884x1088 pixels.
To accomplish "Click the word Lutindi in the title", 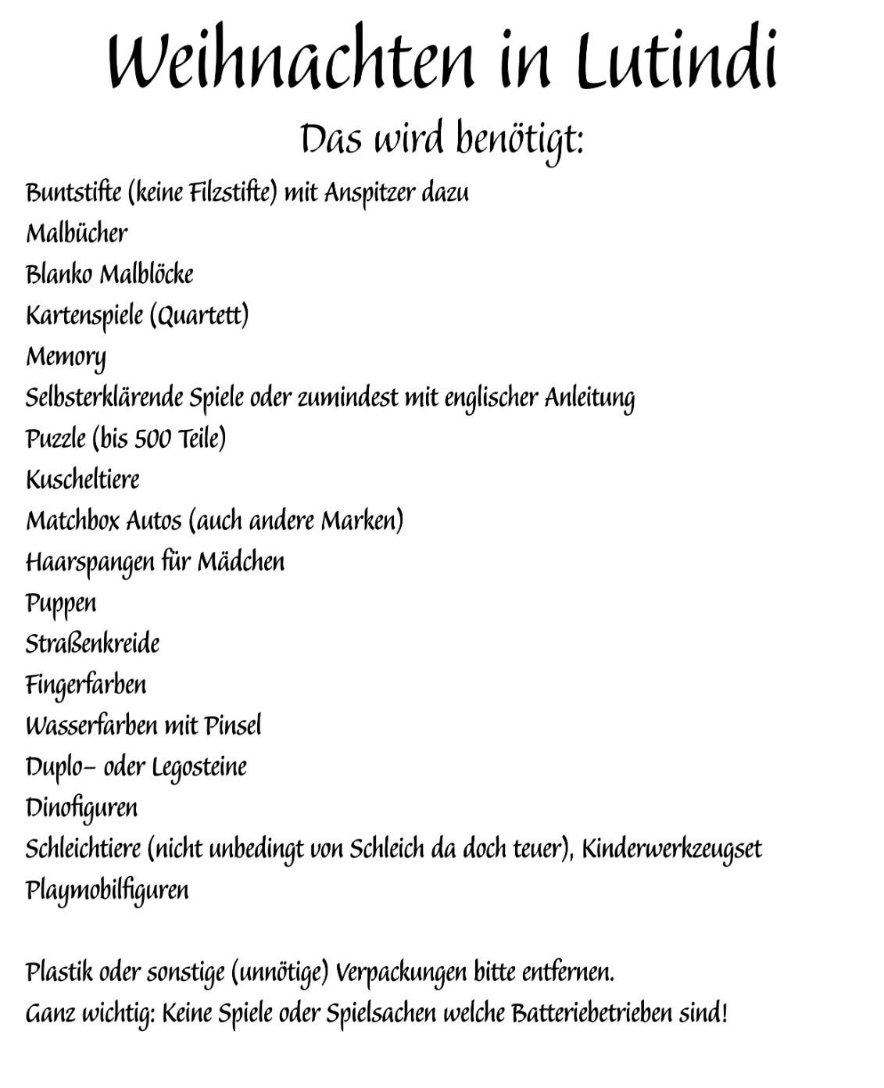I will [677, 61].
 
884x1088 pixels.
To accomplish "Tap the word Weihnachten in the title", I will [291, 61].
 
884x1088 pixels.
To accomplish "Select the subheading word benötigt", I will [518, 140].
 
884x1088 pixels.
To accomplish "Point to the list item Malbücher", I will [77, 233].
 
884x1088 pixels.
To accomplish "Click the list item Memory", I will [66, 357].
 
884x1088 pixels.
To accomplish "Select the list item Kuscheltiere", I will [83, 480].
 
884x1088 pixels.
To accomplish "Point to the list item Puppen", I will [61, 604].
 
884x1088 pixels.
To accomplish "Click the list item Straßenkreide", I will [92, 644].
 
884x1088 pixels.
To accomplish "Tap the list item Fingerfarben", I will [86, 685].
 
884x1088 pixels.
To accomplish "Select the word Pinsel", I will [233, 726].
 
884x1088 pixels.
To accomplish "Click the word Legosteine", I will [199, 768].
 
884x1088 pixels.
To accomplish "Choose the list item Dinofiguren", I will [81, 808].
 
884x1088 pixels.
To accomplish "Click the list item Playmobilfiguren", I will [107, 891].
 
